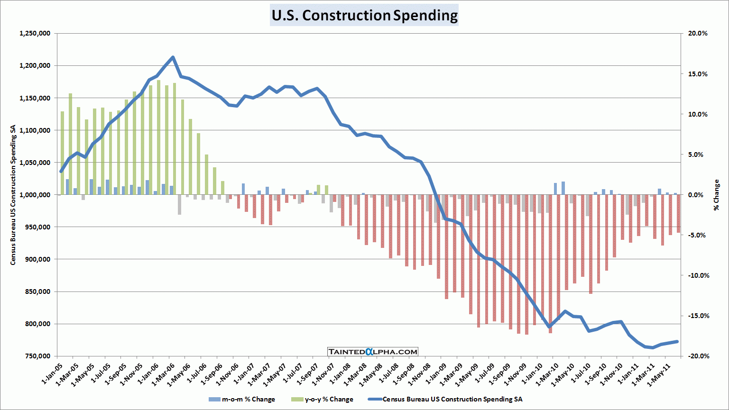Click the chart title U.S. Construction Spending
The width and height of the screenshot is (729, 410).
point(364,15)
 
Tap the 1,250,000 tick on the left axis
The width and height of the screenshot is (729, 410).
point(35,34)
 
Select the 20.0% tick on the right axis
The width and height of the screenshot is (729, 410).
point(698,34)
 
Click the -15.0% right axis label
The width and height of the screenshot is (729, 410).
point(697,316)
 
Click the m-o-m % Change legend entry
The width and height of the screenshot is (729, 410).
point(242,400)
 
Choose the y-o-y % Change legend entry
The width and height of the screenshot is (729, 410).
point(323,400)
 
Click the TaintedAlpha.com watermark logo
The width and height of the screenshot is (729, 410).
point(373,352)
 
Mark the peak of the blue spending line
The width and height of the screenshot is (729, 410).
point(173,57)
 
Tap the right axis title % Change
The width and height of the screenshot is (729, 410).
point(716,195)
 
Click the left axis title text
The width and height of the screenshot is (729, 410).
point(13,195)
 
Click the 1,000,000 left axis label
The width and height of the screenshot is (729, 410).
point(35,195)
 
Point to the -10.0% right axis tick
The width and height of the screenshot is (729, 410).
point(697,276)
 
